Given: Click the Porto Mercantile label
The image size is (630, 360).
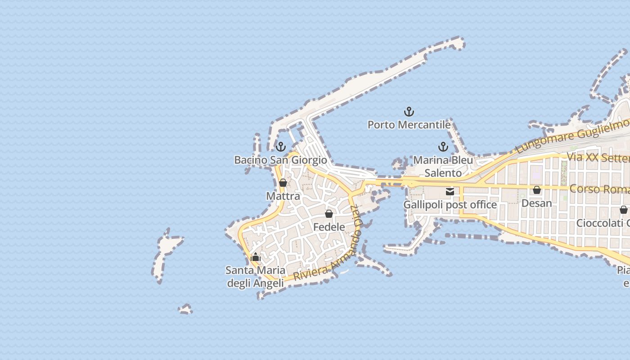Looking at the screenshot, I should (409, 125).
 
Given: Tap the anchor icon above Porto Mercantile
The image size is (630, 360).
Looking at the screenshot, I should (409, 111).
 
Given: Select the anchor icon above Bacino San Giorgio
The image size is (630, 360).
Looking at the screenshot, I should (281, 147).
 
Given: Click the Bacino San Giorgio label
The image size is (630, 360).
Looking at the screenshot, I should (281, 160).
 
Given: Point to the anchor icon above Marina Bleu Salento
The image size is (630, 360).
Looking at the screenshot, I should (443, 147).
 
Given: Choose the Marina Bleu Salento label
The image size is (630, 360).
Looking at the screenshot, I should (443, 166).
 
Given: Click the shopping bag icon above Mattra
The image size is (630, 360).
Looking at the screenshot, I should (283, 183).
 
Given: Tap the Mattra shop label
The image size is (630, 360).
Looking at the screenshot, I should (283, 196).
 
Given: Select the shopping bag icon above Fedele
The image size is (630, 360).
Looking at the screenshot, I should (329, 214).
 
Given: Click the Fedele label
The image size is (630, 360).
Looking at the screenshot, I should (329, 227).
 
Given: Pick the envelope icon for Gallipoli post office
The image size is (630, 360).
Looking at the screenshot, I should (450, 192).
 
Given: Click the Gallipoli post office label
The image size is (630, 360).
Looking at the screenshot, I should (450, 205).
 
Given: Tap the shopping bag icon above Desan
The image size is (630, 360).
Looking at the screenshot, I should (536, 190).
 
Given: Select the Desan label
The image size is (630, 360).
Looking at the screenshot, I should (536, 203).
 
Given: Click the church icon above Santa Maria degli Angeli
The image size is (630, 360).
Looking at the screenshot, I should (256, 257).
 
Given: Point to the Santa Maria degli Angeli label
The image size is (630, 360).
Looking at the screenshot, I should (256, 276).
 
